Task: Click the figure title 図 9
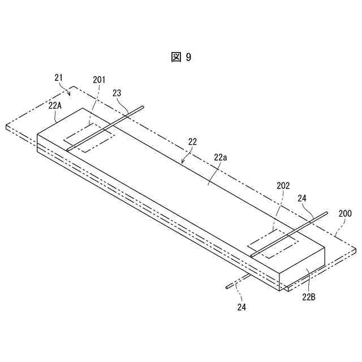point(181,57)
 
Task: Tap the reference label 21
point(59,77)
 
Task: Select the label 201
point(99,80)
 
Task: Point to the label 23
point(117,93)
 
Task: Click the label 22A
point(55,105)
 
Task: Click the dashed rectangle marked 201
point(90,136)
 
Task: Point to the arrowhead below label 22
point(182,162)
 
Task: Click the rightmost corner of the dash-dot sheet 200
point(356,248)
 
